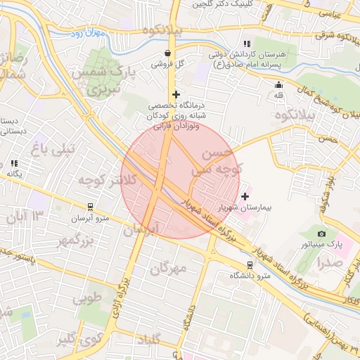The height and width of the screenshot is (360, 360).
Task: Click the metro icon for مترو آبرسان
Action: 90,207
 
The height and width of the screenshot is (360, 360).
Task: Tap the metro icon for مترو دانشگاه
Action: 250,264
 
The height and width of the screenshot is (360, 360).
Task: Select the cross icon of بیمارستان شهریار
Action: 245,196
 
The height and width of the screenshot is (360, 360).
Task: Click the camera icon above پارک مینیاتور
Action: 321,233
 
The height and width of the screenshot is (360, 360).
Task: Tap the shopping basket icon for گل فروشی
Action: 167,53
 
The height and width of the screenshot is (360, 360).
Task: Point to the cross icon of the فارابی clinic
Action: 175,94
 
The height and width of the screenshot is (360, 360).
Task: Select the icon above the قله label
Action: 278,85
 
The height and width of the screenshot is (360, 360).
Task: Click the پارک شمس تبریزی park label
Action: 105,79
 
